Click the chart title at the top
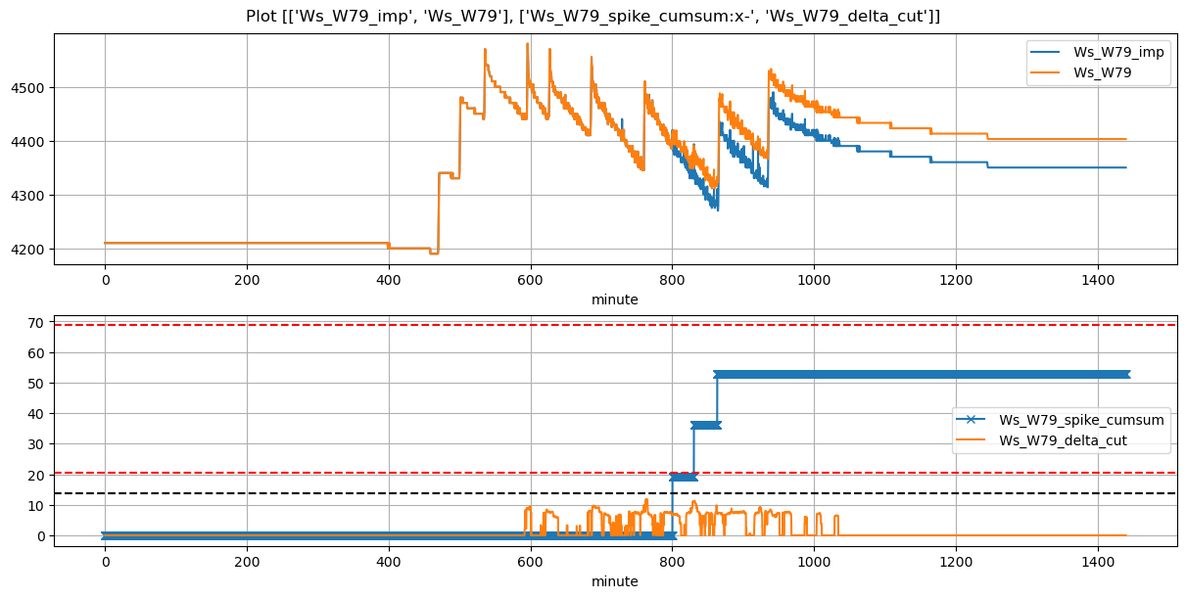[593, 16]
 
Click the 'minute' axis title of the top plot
[614, 299]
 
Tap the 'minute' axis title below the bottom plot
[614, 581]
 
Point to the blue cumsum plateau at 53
[979, 374]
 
